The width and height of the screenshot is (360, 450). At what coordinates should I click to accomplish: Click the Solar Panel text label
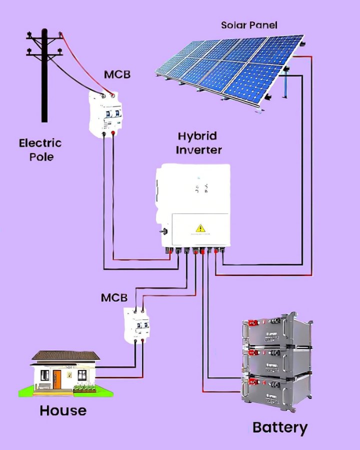(249, 25)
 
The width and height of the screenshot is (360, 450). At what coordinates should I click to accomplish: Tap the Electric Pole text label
(40, 149)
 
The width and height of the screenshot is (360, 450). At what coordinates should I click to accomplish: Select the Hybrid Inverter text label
(198, 142)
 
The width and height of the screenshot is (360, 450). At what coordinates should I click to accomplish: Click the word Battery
(279, 427)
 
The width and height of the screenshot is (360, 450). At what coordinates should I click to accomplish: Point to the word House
(63, 410)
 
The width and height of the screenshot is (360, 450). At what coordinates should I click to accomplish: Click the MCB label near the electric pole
(117, 74)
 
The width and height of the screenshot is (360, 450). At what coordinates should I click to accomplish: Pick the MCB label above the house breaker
(114, 297)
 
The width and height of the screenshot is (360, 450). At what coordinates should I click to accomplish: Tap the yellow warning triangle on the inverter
(200, 228)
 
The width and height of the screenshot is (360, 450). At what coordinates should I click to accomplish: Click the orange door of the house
(58, 379)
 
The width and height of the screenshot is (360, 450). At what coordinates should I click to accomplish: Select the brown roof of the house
(65, 355)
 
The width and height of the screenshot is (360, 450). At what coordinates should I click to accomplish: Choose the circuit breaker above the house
(137, 325)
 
